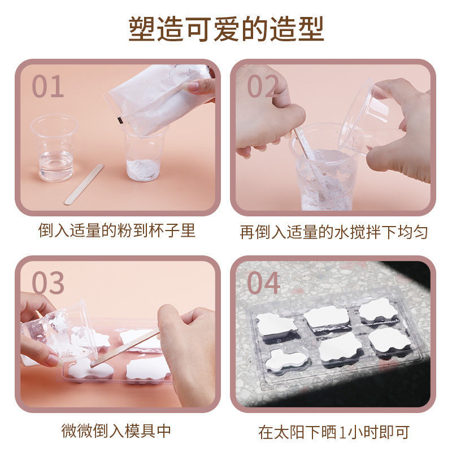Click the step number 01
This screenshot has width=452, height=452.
point(47,86)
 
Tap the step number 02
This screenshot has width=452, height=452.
point(262,86)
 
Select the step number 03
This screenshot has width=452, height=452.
point(48,283)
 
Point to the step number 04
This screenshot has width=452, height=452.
point(263,283)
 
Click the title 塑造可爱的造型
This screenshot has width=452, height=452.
point(227,29)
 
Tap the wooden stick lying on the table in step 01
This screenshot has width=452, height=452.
point(84,185)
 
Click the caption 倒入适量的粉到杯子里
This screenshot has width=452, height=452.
point(117,231)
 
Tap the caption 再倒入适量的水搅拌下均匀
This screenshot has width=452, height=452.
point(333,232)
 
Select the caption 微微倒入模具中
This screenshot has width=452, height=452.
point(116,431)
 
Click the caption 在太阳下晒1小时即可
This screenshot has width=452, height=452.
point(334,432)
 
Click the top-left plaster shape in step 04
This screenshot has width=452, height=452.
point(276,325)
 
